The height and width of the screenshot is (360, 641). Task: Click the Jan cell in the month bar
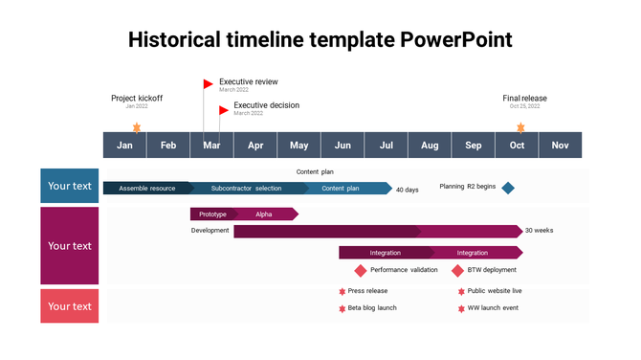coord(124,146)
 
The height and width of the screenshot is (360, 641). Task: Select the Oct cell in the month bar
coord(517,146)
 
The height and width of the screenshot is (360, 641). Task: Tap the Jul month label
coord(386,146)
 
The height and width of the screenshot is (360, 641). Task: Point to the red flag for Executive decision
coord(224,109)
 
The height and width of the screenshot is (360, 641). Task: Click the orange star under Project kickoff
coord(136,126)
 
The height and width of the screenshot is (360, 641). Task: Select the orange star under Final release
coord(520,126)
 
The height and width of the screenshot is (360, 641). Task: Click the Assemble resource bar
coord(147,189)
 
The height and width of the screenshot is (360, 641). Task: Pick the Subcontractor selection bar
coord(247,189)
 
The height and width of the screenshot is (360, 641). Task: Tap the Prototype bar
coord(212,214)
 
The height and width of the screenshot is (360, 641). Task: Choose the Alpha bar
coord(264,214)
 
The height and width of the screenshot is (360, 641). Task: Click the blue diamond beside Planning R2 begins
coord(508,188)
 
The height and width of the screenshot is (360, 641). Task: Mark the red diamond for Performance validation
coord(361,271)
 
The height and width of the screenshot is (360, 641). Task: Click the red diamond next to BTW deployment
coord(457,271)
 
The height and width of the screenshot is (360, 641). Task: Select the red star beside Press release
coord(342,291)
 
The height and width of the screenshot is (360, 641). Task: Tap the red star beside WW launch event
coord(461,308)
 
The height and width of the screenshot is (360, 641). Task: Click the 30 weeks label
coord(539,231)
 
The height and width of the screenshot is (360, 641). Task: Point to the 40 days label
coord(408,190)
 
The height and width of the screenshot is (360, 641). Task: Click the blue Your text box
coord(70,186)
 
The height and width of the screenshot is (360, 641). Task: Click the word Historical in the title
coord(179,39)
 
